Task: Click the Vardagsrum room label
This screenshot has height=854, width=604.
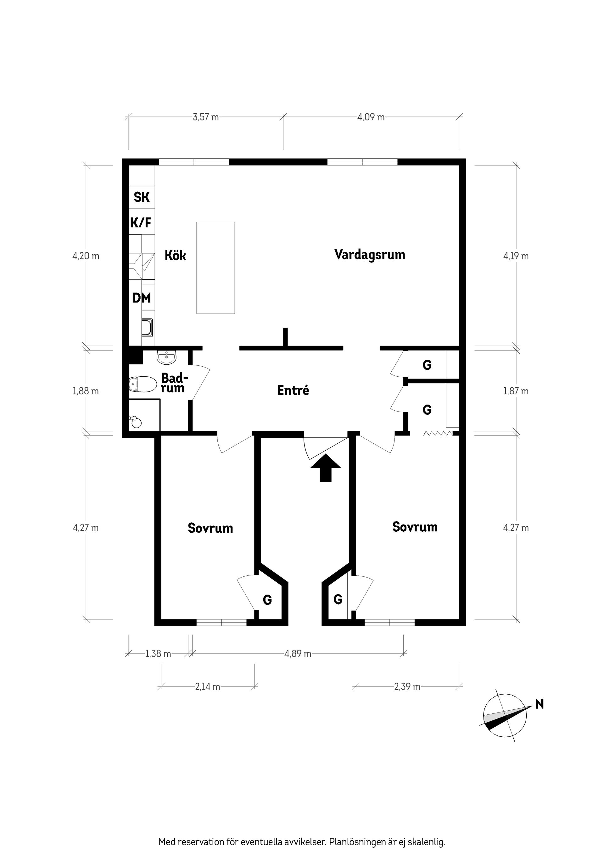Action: tap(370, 255)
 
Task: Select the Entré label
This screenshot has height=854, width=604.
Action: tap(293, 390)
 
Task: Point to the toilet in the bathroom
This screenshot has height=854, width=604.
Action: tap(143, 384)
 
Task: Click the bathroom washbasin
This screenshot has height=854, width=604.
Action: tap(166, 358)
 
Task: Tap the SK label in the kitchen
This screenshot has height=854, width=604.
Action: tap(142, 197)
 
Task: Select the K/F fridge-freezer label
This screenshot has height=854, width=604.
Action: tap(141, 223)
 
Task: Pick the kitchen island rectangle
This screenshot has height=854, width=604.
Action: tap(215, 268)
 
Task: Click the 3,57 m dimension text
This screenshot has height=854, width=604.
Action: tap(206, 117)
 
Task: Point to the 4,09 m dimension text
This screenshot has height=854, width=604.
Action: tap(371, 117)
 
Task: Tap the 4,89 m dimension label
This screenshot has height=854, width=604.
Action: tap(298, 653)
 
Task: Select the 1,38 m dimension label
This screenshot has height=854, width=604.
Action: tap(158, 653)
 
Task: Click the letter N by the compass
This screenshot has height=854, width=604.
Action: tap(540, 704)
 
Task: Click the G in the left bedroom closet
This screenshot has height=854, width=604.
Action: tap(267, 599)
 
